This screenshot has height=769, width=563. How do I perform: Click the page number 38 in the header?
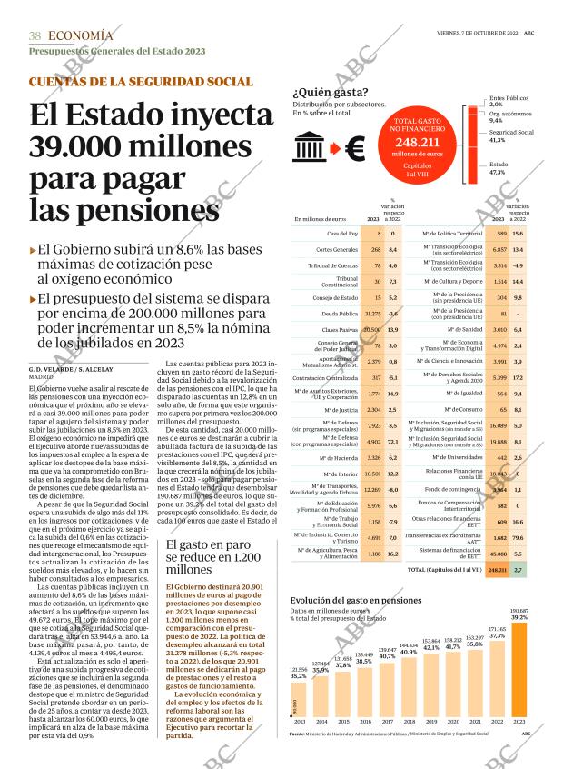(x=35, y=35)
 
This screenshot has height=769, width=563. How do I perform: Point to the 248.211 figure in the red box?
(x=419, y=144)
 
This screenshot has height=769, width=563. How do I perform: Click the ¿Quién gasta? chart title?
(x=330, y=92)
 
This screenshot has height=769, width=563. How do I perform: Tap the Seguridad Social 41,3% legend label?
(x=511, y=136)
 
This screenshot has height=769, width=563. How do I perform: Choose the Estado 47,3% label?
(x=499, y=168)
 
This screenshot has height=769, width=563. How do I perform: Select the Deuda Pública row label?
(x=339, y=314)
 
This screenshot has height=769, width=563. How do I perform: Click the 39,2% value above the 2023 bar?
(x=519, y=617)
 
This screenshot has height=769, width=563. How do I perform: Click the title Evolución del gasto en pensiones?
(x=356, y=601)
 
